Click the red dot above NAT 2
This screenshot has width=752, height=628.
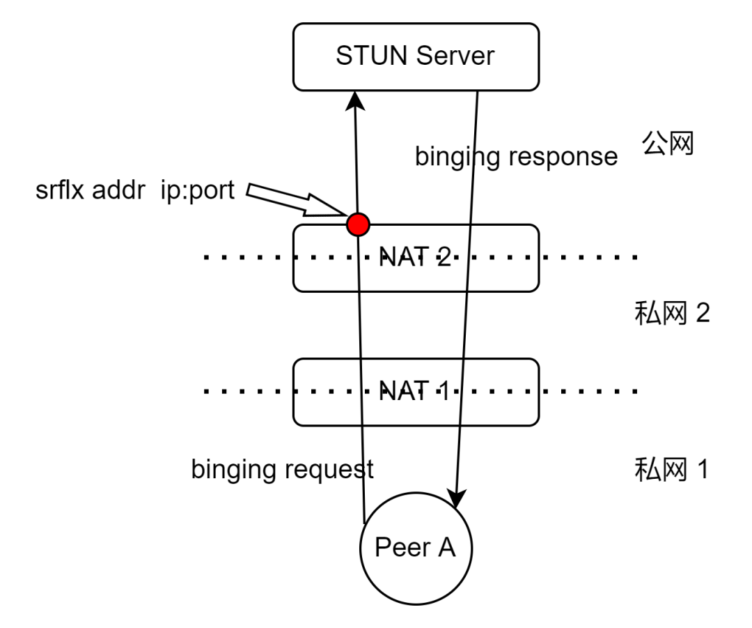click(x=358, y=224)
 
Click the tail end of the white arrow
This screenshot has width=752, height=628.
click(x=252, y=190)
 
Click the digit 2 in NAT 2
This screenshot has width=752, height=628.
click(x=444, y=258)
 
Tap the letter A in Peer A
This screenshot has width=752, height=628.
click(x=446, y=548)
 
